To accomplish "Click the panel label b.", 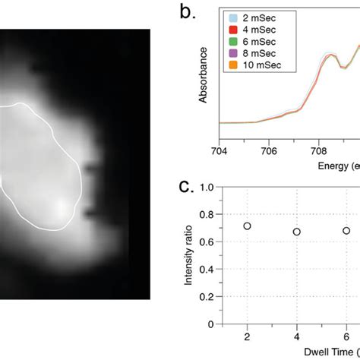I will click(x=186, y=13).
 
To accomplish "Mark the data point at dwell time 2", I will click(x=247, y=226).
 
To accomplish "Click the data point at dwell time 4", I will click(x=297, y=232).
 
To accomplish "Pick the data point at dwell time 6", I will click(x=346, y=230).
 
